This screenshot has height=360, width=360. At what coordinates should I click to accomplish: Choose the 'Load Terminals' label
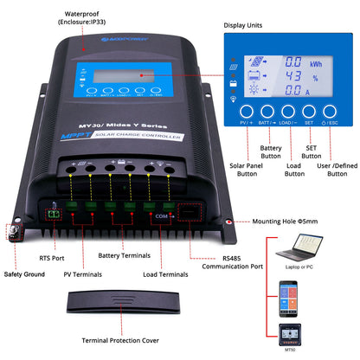pos(163,274)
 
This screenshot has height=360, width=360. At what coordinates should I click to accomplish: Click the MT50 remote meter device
pos(291,334)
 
